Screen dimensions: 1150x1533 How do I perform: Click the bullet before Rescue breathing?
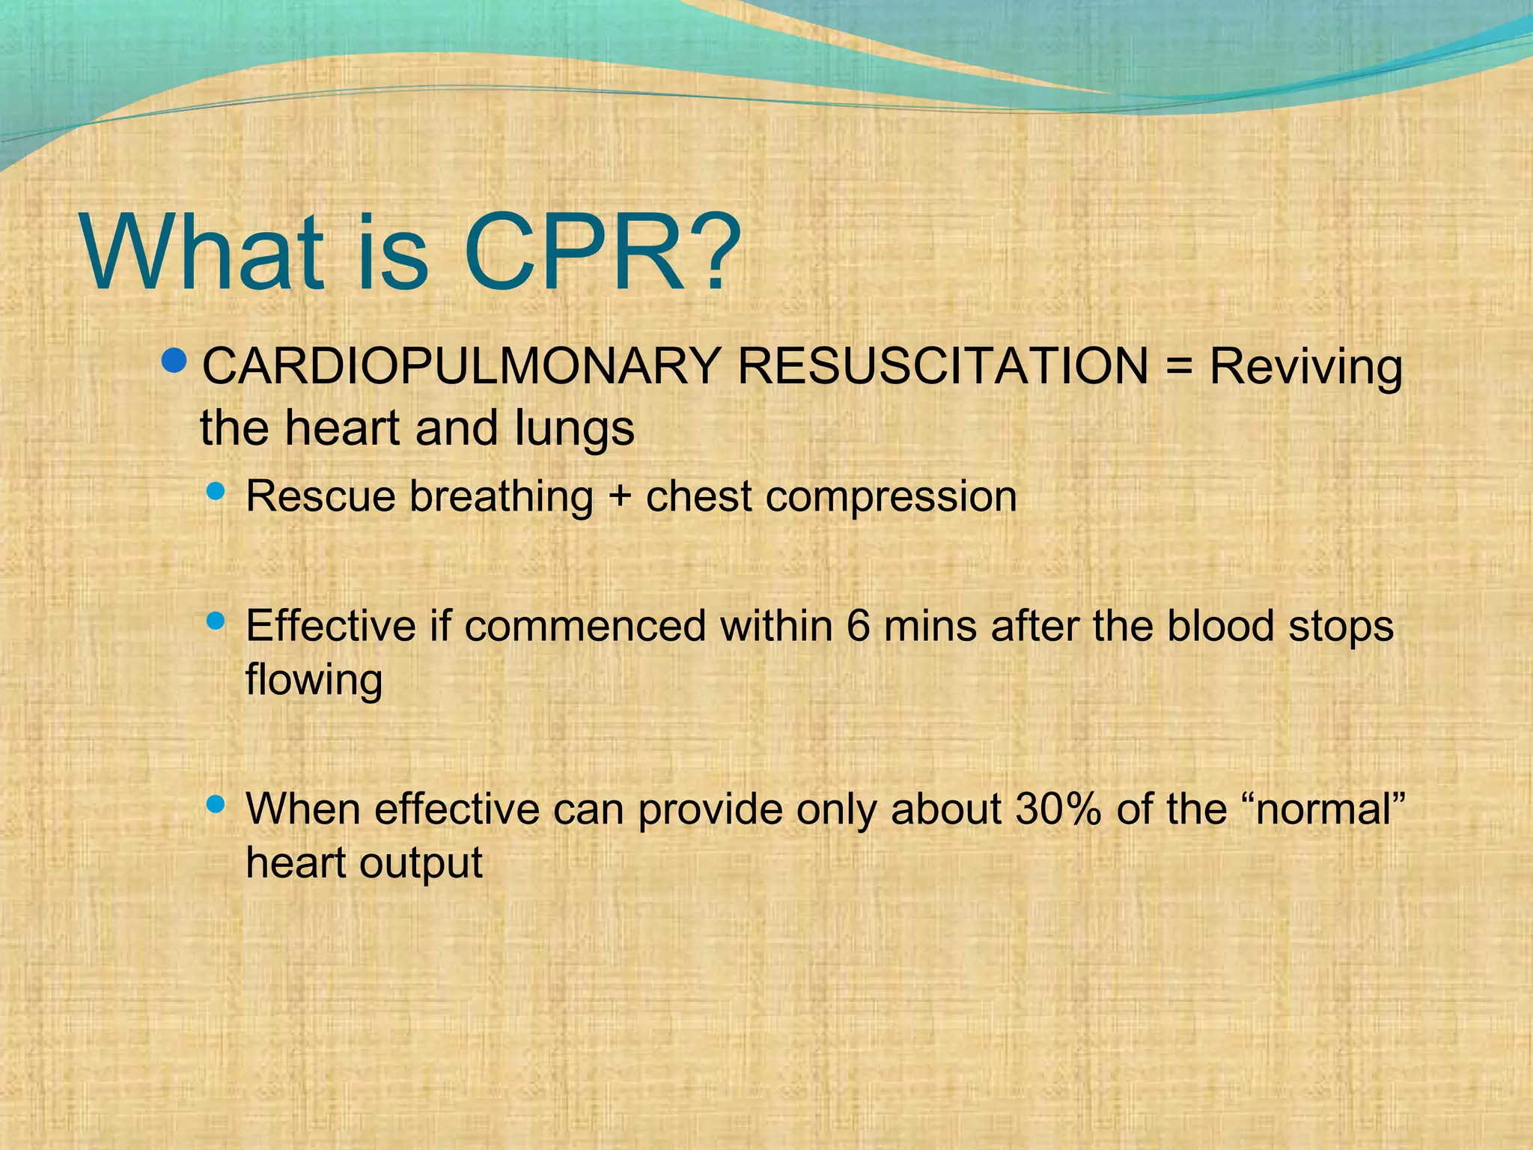216,492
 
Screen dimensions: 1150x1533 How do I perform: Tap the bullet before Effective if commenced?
216,621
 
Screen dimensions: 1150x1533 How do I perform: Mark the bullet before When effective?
216,804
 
